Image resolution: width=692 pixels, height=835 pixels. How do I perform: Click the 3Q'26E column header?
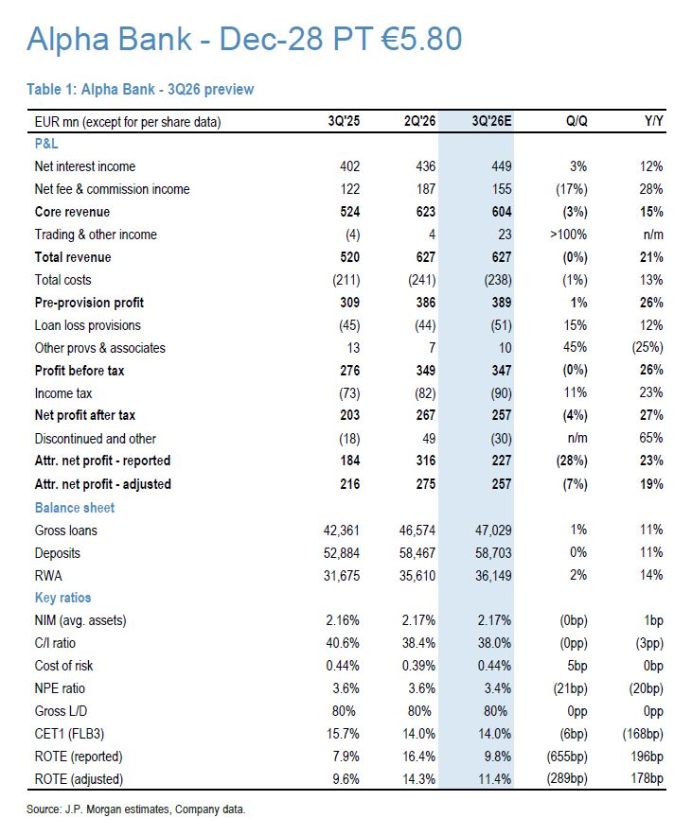point(491,121)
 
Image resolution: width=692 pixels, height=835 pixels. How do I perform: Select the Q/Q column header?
point(577,121)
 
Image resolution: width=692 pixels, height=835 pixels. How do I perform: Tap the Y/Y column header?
point(653,121)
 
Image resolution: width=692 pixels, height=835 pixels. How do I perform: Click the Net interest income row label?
point(85,166)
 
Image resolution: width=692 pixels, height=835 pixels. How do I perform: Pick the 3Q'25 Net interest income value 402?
point(349,166)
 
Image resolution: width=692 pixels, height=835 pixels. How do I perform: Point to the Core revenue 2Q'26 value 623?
point(425,212)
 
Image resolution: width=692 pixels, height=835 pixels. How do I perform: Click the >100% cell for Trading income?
point(568,235)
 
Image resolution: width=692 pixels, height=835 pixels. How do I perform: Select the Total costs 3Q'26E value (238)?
point(498,280)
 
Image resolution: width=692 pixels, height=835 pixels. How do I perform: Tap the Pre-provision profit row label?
point(89,303)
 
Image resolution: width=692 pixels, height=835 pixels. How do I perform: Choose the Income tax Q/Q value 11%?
point(576,392)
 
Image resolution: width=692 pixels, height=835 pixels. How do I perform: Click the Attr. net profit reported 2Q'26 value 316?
point(425,461)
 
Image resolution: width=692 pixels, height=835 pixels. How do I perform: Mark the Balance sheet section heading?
point(75,508)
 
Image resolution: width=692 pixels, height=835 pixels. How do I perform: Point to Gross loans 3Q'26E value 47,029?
point(493,531)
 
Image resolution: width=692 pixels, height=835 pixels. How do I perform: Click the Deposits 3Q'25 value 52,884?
point(341,553)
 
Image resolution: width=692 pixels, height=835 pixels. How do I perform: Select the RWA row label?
point(48,576)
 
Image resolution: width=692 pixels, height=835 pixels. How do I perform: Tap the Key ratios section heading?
point(62,598)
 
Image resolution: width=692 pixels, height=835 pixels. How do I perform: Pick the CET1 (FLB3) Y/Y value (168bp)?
point(643,734)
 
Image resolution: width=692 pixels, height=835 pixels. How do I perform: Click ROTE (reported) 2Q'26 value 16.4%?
point(418,757)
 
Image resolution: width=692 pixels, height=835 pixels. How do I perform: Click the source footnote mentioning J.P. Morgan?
point(136,809)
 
